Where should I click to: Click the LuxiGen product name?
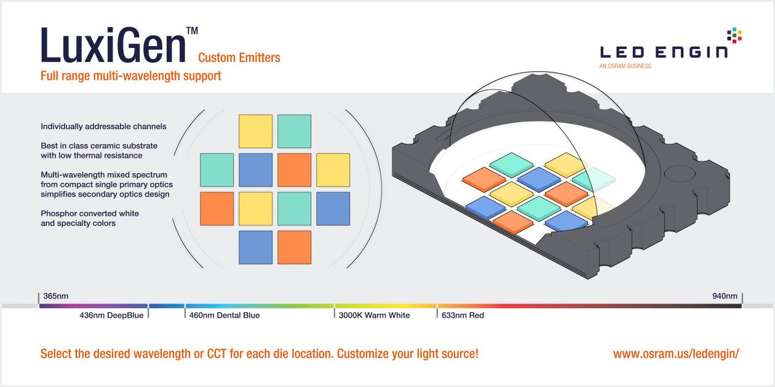click(x=113, y=45)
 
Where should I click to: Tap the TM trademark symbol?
click(x=193, y=31)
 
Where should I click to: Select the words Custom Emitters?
click(x=239, y=57)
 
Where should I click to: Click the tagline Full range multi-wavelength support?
click(x=131, y=76)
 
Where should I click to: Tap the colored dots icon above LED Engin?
click(x=734, y=35)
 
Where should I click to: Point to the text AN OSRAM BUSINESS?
click(x=625, y=66)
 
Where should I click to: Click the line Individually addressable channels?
click(x=103, y=127)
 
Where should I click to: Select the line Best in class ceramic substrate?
click(x=99, y=146)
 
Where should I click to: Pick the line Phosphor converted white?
click(x=90, y=214)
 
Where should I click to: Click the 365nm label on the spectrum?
click(x=56, y=296)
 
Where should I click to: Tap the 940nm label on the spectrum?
click(x=725, y=296)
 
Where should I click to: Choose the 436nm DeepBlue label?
click(x=111, y=316)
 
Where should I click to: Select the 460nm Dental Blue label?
click(x=224, y=316)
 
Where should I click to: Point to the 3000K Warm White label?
click(x=375, y=316)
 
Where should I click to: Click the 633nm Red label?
click(x=463, y=316)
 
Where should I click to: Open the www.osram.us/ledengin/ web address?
click(x=676, y=354)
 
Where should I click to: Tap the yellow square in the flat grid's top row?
click(x=256, y=131)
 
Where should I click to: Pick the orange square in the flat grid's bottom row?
click(x=295, y=248)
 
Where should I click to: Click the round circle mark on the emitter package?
click(x=680, y=173)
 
